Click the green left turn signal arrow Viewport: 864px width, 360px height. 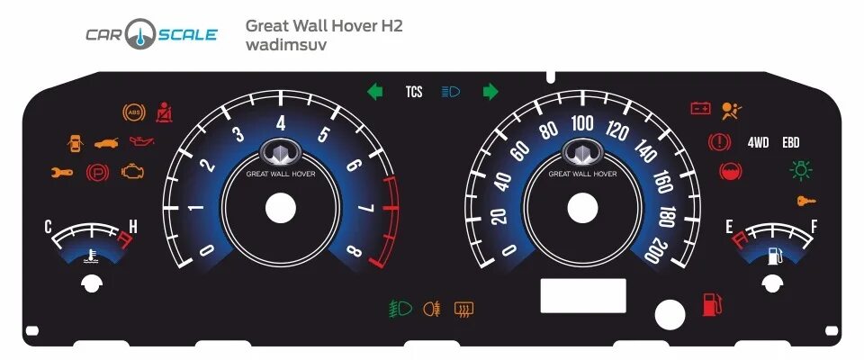(375, 91)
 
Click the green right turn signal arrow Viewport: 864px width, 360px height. (490, 91)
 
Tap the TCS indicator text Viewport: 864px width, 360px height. (414, 92)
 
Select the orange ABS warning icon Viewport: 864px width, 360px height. (133, 112)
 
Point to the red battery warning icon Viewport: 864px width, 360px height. (700, 109)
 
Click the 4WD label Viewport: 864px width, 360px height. (758, 142)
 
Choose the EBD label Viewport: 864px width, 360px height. (790, 142)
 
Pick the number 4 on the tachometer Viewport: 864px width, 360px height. (281, 123)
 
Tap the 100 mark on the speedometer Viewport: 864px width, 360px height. (582, 123)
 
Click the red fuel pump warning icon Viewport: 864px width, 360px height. (712, 305)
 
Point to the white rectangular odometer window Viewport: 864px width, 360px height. (582, 295)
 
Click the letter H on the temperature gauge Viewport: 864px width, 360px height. (132, 228)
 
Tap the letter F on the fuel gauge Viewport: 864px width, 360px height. (814, 227)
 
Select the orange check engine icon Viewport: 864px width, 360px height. (132, 171)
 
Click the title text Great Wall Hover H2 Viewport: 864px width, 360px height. (324, 26)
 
